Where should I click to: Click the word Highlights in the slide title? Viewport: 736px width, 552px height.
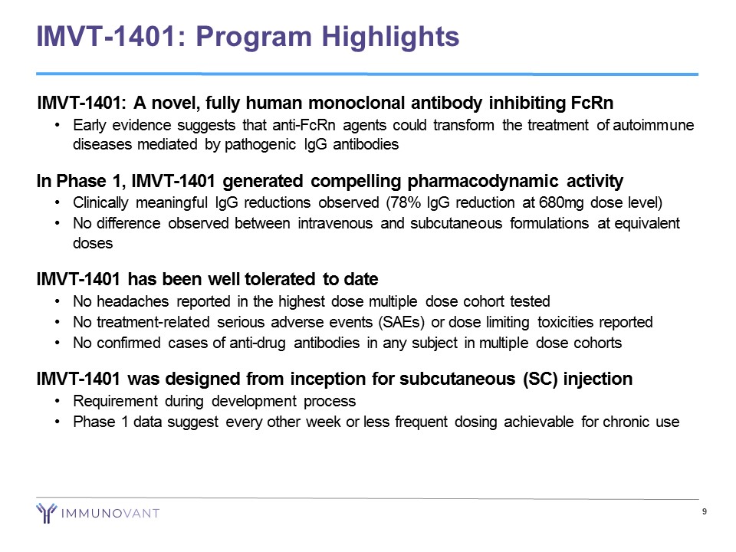click(390, 37)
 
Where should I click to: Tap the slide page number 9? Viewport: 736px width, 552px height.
click(704, 511)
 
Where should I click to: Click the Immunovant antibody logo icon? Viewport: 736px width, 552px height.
click(47, 513)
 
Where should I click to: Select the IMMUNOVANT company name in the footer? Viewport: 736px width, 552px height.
click(110, 514)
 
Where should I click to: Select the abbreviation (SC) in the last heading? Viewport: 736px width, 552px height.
click(540, 379)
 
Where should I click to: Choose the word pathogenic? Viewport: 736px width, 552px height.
click(260, 144)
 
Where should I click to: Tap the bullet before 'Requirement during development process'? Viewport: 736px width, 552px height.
click(57, 401)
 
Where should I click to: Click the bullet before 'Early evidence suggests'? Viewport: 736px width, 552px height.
click(57, 125)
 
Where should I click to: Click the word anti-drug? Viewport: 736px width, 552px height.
click(258, 343)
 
